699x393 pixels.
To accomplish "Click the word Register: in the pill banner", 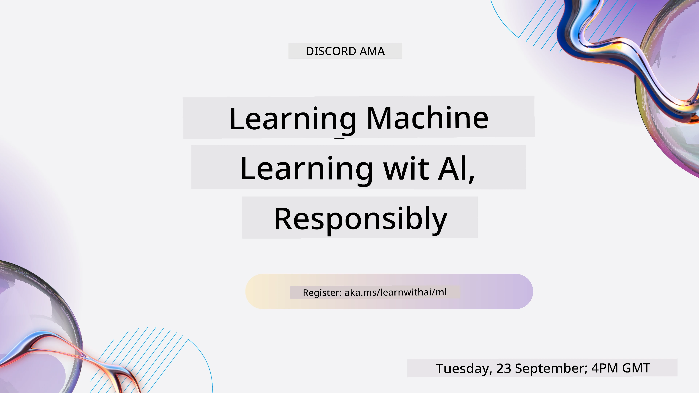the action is click(x=322, y=293).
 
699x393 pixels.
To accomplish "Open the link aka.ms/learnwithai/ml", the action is click(x=395, y=292).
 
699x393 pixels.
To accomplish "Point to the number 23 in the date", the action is click(x=504, y=368).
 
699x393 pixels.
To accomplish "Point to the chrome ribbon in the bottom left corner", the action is click(x=68, y=350).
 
